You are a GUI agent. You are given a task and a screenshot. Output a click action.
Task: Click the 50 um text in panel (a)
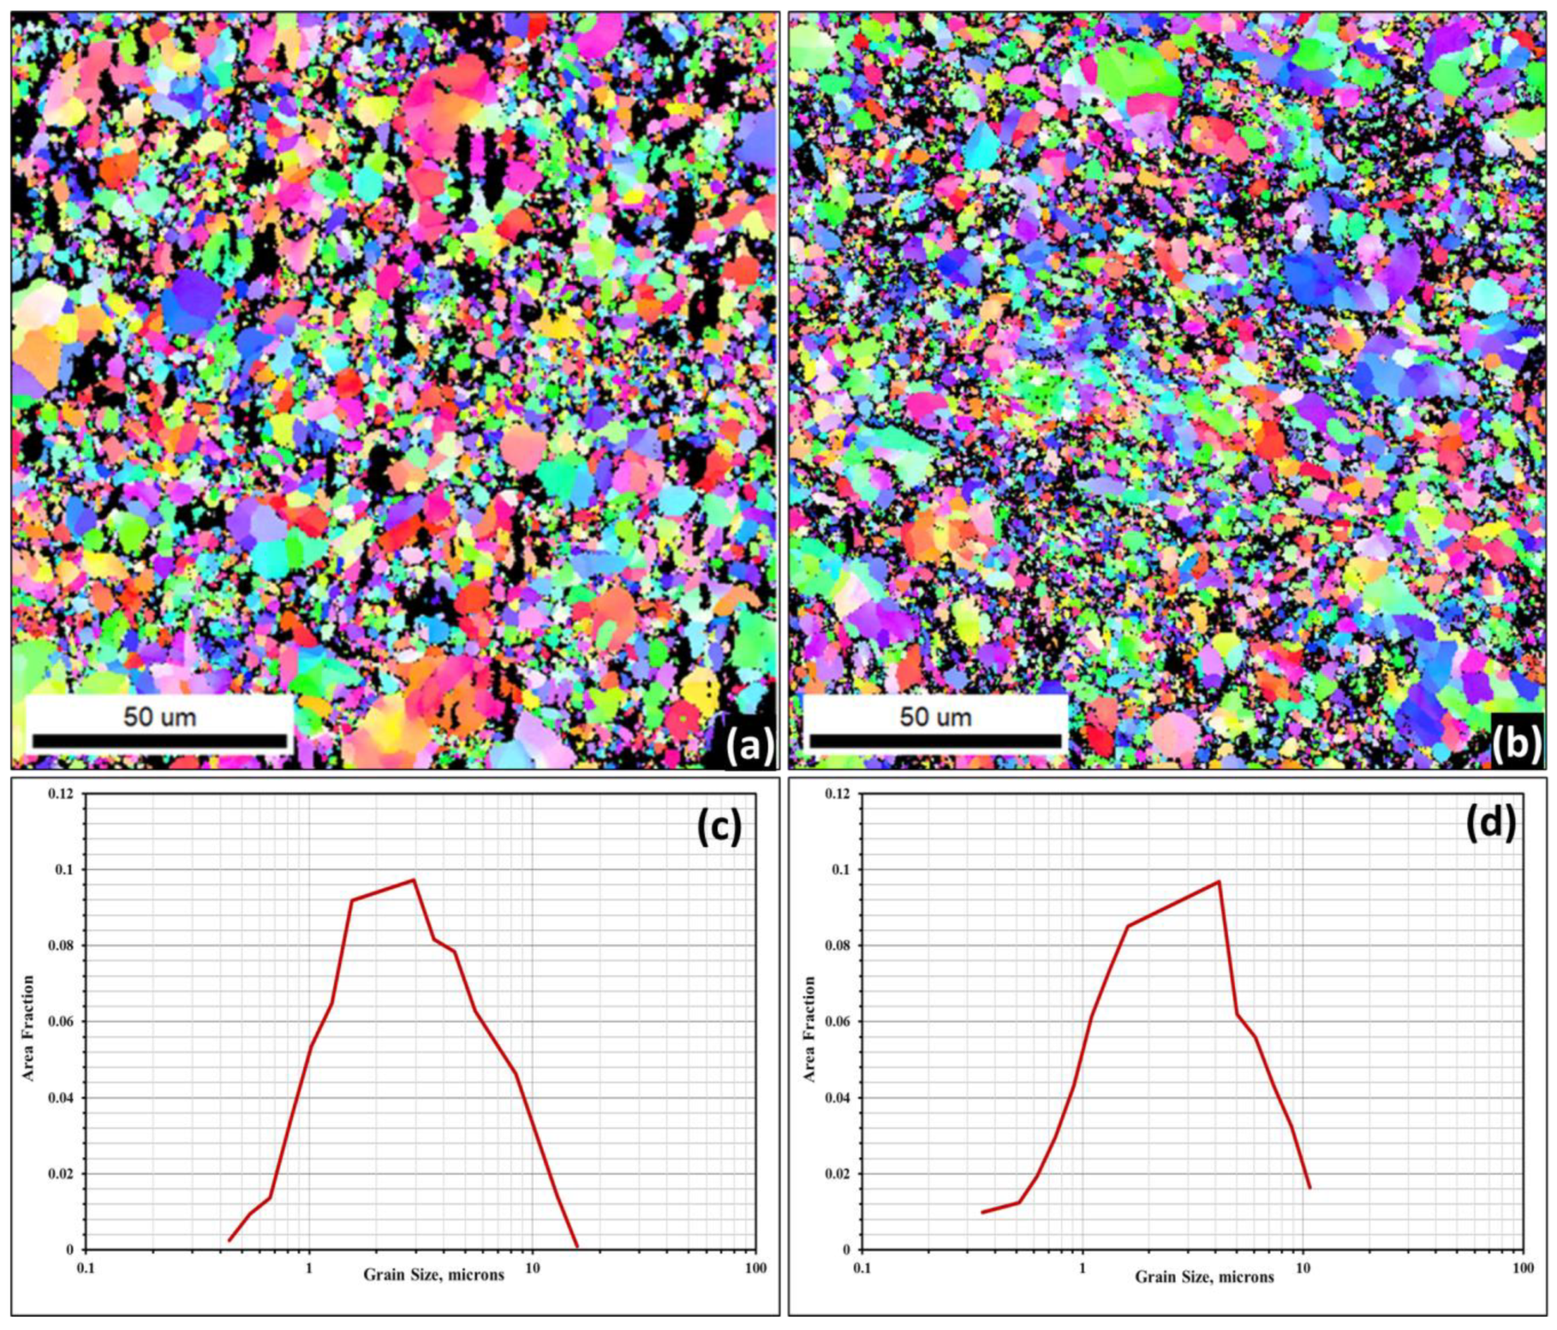tap(160, 716)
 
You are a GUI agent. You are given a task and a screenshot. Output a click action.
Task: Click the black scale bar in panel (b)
tap(935, 741)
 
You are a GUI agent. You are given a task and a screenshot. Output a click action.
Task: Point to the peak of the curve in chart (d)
tap(1218, 880)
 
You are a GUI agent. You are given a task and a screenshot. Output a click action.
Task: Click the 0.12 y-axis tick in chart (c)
tap(63, 794)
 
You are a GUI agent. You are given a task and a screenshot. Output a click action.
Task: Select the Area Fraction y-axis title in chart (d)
tap(810, 1029)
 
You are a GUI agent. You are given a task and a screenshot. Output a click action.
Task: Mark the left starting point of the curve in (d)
tap(983, 1212)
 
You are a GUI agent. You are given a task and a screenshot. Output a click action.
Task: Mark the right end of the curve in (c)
tap(577, 1247)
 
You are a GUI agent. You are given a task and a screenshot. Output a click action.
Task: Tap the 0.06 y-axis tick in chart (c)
tap(63, 1022)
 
